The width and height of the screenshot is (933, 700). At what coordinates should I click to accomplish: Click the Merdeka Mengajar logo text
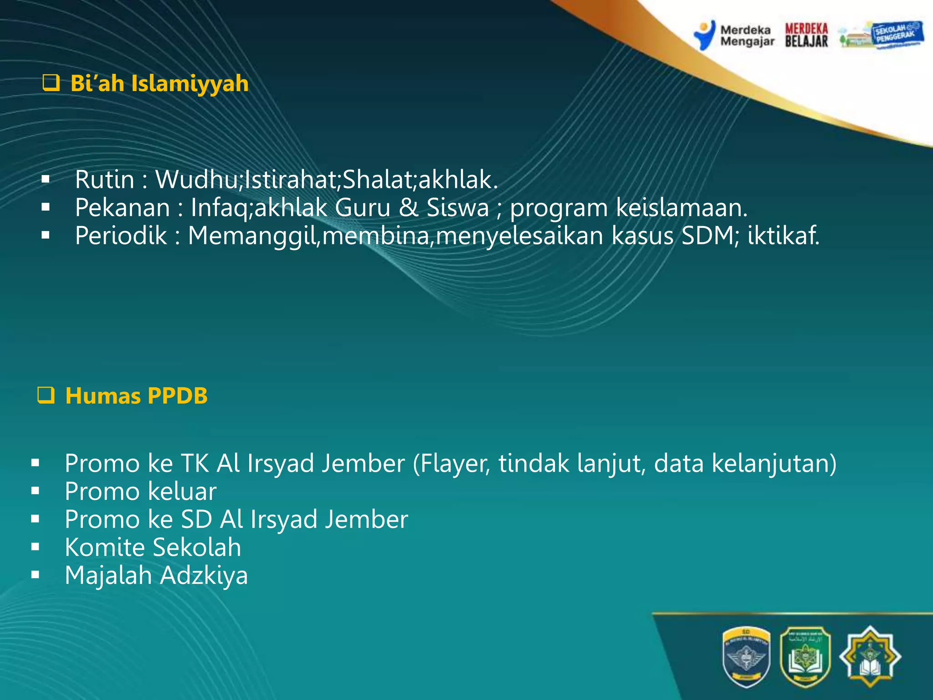coord(747,36)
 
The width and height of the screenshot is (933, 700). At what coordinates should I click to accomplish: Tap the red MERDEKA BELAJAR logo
coord(806,35)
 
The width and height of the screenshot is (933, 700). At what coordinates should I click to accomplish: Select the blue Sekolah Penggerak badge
coord(896,34)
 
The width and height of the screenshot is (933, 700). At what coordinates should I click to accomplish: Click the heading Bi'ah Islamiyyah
coord(159,84)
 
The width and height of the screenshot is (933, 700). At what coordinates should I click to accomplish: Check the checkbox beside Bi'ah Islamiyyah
coord(51,83)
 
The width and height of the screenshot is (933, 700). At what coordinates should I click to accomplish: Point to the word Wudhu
coord(196,179)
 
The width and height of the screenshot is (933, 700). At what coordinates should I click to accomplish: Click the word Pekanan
coord(123,207)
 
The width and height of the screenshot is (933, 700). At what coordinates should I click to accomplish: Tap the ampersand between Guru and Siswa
coord(408,207)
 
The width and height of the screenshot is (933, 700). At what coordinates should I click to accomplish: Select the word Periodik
coord(121,236)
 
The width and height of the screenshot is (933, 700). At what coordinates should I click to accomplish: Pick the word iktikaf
coord(783,236)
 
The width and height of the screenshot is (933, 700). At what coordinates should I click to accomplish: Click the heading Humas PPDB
coord(136,396)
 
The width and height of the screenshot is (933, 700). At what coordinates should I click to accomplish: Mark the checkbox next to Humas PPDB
coord(46,395)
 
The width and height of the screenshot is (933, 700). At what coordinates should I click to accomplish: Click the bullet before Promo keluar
coord(36,491)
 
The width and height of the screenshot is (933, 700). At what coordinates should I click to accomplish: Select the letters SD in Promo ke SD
coord(196,519)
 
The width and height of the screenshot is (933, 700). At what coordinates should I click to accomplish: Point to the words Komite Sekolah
coord(153,547)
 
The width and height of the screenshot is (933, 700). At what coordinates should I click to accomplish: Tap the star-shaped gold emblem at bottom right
coord(870,657)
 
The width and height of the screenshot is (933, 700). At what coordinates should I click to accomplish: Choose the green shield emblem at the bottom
coord(805,657)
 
